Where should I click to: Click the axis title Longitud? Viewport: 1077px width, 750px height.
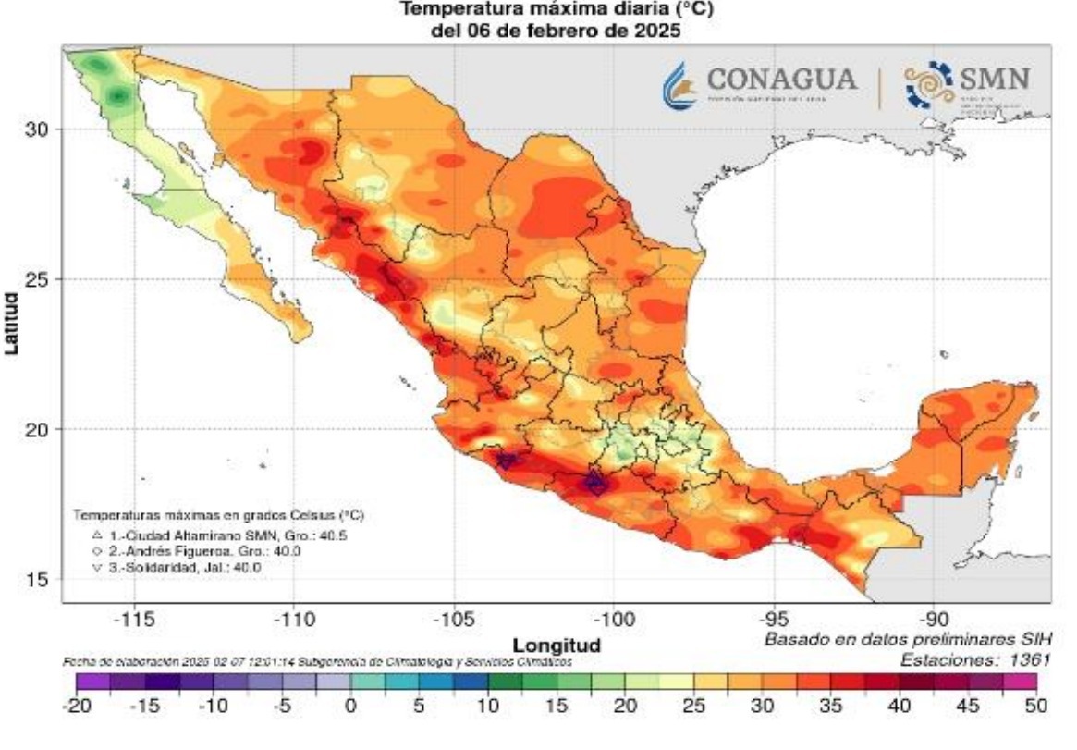pyautogui.click(x=557, y=644)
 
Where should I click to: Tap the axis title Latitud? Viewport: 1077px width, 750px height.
pyautogui.click(x=12, y=324)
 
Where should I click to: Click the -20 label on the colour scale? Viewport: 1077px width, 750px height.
pyautogui.click(x=75, y=706)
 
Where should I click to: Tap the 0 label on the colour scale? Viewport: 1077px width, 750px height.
pyautogui.click(x=350, y=706)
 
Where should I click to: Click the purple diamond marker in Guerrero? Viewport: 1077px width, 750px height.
pyautogui.click(x=595, y=482)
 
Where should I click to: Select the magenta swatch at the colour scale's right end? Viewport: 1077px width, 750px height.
pyautogui.click(x=1020, y=682)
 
